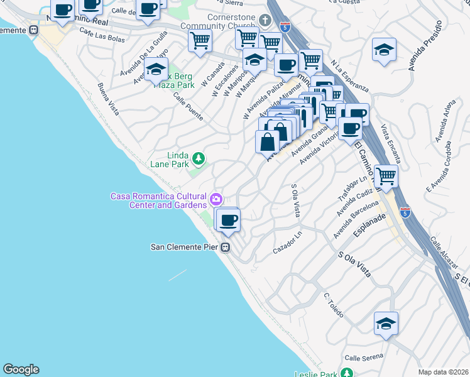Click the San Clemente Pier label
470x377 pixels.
click(183, 247)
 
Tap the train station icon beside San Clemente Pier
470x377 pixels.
click(224, 248)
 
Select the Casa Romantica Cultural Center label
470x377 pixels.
click(159, 200)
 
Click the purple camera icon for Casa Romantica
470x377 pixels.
click(216, 200)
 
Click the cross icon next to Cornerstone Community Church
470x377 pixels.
click(265, 21)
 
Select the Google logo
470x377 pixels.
click(21, 370)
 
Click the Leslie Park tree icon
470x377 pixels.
click(345, 373)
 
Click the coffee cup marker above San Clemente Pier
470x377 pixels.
click(229, 219)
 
